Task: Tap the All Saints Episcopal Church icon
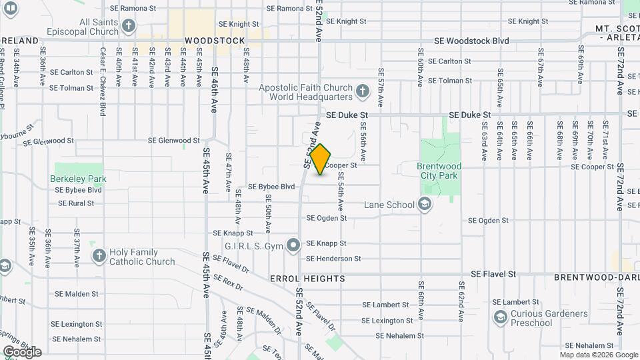[129, 27]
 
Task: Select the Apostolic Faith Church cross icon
[362, 91]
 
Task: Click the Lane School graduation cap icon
[424, 205]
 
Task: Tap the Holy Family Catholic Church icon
[99, 256]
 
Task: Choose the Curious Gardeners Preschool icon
[500, 318]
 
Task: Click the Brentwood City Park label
[439, 171]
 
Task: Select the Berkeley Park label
[78, 179]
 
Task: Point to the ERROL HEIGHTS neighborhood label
[307, 278]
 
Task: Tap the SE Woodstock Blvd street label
[471, 41]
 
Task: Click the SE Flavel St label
[493, 274]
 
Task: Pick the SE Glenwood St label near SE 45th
[173, 141]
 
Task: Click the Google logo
[21, 351]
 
